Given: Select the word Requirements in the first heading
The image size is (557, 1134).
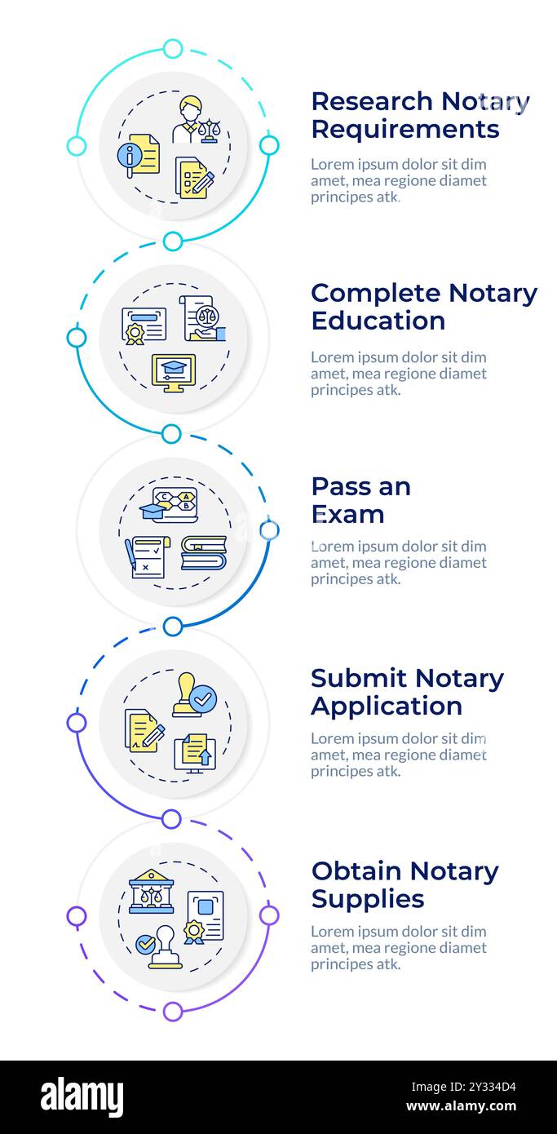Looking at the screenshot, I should point(404,130).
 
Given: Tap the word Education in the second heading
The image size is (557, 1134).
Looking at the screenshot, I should point(378,321).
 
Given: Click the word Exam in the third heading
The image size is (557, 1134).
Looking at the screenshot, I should point(347,515).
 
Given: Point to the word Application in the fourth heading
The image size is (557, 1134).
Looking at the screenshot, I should point(387,707).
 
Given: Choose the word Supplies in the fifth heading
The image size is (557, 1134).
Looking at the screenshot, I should point(367,899).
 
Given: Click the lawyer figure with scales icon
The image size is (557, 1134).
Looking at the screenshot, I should point(196,120).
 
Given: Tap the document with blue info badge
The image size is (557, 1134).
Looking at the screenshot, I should point(139,154).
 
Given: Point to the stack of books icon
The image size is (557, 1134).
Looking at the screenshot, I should point(203,553).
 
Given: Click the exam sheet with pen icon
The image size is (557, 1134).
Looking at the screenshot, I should point(148,557).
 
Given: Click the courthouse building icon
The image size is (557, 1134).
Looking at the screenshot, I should point(151,891).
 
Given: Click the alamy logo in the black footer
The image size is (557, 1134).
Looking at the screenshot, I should point(82,1097).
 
